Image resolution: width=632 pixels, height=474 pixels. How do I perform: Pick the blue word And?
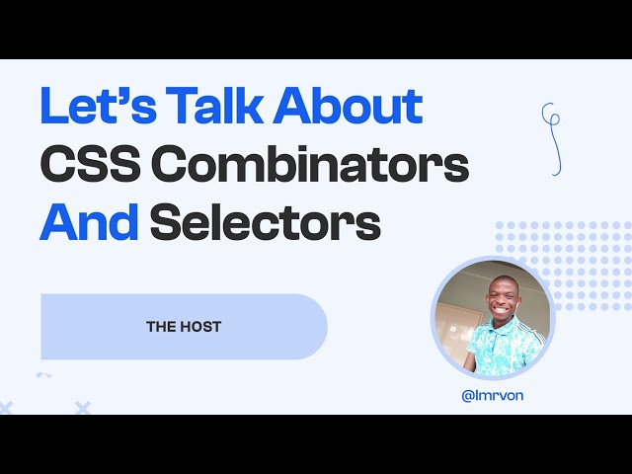coord(88,224)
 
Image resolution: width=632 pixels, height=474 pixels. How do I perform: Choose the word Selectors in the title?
coord(265,224)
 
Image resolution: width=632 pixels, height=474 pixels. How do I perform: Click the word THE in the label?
coord(160,327)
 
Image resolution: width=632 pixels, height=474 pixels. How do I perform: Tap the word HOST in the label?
coord(200,327)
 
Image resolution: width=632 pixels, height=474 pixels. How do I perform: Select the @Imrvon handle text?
coord(492,395)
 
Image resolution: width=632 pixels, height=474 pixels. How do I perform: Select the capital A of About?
coord(295,107)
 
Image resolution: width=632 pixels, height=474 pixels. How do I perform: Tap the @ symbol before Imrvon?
coord(466,395)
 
